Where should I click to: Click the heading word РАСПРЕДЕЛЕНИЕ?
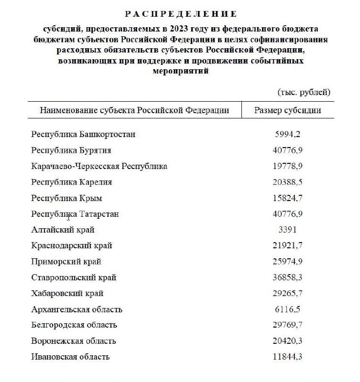pyautogui.click(x=180, y=14)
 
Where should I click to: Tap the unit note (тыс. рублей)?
pyautogui.click(x=304, y=92)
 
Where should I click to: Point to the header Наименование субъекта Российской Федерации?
pyautogui.click(x=134, y=110)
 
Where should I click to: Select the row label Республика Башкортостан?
pyautogui.click(x=83, y=134)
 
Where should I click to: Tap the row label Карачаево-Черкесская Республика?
pyautogui.click(x=99, y=166)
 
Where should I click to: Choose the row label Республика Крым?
pyautogui.click(x=66, y=198)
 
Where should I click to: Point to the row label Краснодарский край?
pyautogui.click(x=72, y=245)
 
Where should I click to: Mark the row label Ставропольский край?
pyautogui.click(x=74, y=277)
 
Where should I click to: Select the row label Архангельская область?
pyautogui.click(x=76, y=309)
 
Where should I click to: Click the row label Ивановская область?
pyautogui.click(x=70, y=357)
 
